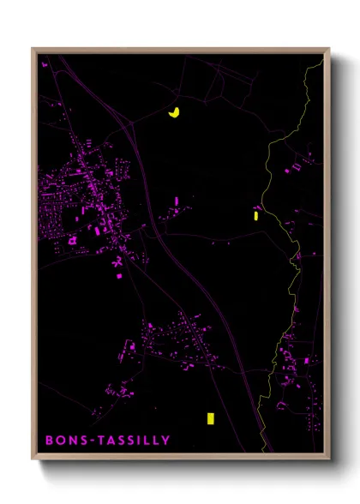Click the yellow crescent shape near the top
tap(174, 112)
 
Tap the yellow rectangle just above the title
tap(208, 418)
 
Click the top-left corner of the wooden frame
tap(33, 49)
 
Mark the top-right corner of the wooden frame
tap(328, 49)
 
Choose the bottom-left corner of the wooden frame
tap(33, 459)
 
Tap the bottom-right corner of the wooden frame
tap(328, 459)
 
